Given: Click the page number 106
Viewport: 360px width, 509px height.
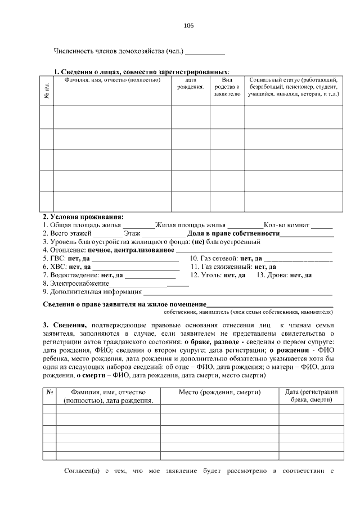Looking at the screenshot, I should (x=188, y=26).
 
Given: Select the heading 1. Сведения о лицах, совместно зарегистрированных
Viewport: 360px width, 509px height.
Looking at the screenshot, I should (x=141, y=72).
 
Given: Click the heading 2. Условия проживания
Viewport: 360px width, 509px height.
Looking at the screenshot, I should (x=83, y=217).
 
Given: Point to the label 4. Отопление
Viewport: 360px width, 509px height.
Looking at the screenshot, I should (x=64, y=250).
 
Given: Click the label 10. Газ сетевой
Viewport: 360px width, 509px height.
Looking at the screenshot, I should (x=214, y=259).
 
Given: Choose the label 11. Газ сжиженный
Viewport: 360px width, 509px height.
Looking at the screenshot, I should (x=220, y=267).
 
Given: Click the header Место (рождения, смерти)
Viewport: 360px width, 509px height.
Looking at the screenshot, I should (x=219, y=391).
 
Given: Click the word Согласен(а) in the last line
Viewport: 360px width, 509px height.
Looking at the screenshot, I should (x=82, y=470).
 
